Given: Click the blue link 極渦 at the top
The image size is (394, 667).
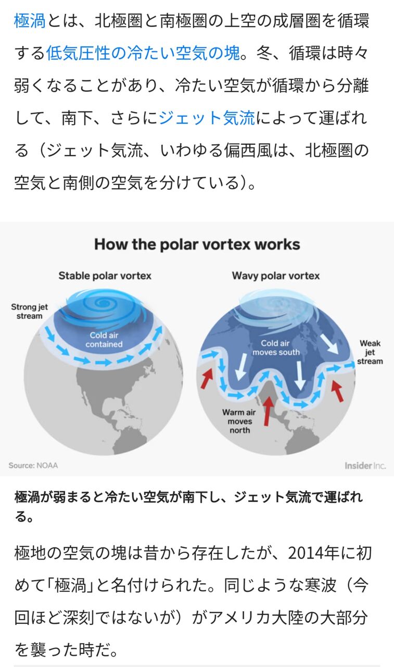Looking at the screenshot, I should click(x=30, y=21).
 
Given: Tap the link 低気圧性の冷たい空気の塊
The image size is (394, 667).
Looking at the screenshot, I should click(x=143, y=53).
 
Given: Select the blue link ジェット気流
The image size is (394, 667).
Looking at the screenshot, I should click(x=206, y=118).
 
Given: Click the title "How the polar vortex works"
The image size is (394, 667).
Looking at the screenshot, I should click(x=197, y=244).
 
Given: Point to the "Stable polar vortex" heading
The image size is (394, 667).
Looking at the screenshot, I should click(x=105, y=275).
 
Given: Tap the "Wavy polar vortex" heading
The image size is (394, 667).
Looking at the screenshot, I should click(x=276, y=275).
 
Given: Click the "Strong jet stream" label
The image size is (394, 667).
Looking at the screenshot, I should click(x=29, y=311).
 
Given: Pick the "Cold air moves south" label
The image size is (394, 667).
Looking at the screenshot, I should click(x=276, y=348).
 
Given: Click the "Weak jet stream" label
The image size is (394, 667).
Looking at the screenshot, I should click(x=370, y=352).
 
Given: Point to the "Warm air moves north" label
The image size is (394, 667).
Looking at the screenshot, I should click(x=239, y=421).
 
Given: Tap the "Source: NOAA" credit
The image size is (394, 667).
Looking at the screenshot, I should click(x=33, y=465).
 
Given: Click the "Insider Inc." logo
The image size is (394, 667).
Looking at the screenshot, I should click(x=365, y=465).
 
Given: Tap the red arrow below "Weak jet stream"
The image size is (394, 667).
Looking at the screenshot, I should click(x=338, y=391).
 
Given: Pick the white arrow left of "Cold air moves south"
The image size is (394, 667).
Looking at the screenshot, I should click(x=240, y=368).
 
